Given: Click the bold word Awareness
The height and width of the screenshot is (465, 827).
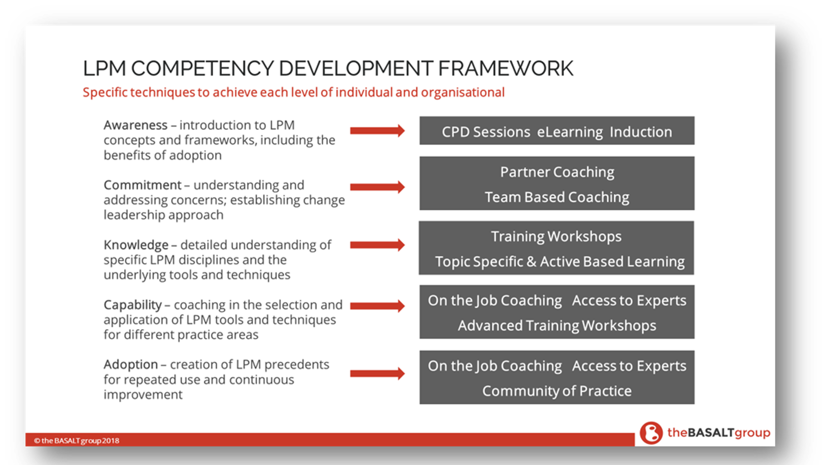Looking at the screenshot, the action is [x=135, y=125].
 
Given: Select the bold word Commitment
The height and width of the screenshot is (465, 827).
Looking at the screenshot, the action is [x=142, y=185].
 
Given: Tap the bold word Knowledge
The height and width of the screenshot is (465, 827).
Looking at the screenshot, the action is [x=136, y=245].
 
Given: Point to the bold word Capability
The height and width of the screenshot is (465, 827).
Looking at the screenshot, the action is [x=133, y=305].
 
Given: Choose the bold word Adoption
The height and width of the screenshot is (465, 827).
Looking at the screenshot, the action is [x=131, y=365].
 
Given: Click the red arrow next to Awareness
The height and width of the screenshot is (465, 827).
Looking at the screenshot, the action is [x=377, y=131].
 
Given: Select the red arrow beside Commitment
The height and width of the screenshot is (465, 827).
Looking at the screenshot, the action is [x=377, y=186].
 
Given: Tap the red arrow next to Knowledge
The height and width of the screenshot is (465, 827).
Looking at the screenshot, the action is [x=377, y=245].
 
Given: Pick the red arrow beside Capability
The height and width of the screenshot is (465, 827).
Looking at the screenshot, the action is [x=377, y=306].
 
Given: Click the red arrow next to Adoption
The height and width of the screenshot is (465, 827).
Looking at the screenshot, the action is [x=377, y=373].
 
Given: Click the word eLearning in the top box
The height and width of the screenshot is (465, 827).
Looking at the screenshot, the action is [x=570, y=132].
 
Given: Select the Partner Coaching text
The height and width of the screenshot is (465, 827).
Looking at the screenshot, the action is [x=557, y=172].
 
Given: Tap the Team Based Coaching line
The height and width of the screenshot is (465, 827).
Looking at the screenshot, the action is [x=557, y=197].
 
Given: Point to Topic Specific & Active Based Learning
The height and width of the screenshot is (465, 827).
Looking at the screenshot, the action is [x=560, y=262].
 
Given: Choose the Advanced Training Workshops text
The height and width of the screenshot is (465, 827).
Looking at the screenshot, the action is [x=557, y=326].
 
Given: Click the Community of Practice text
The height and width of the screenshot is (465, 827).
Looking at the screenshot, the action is [x=557, y=391].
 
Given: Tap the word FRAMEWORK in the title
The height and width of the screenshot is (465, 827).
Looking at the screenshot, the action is [x=506, y=68].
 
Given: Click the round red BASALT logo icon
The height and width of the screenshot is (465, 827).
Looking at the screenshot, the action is [x=651, y=433].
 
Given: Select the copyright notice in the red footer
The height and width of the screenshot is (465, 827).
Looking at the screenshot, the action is [x=77, y=440].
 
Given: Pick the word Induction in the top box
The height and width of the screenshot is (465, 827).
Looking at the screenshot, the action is [x=641, y=132].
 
